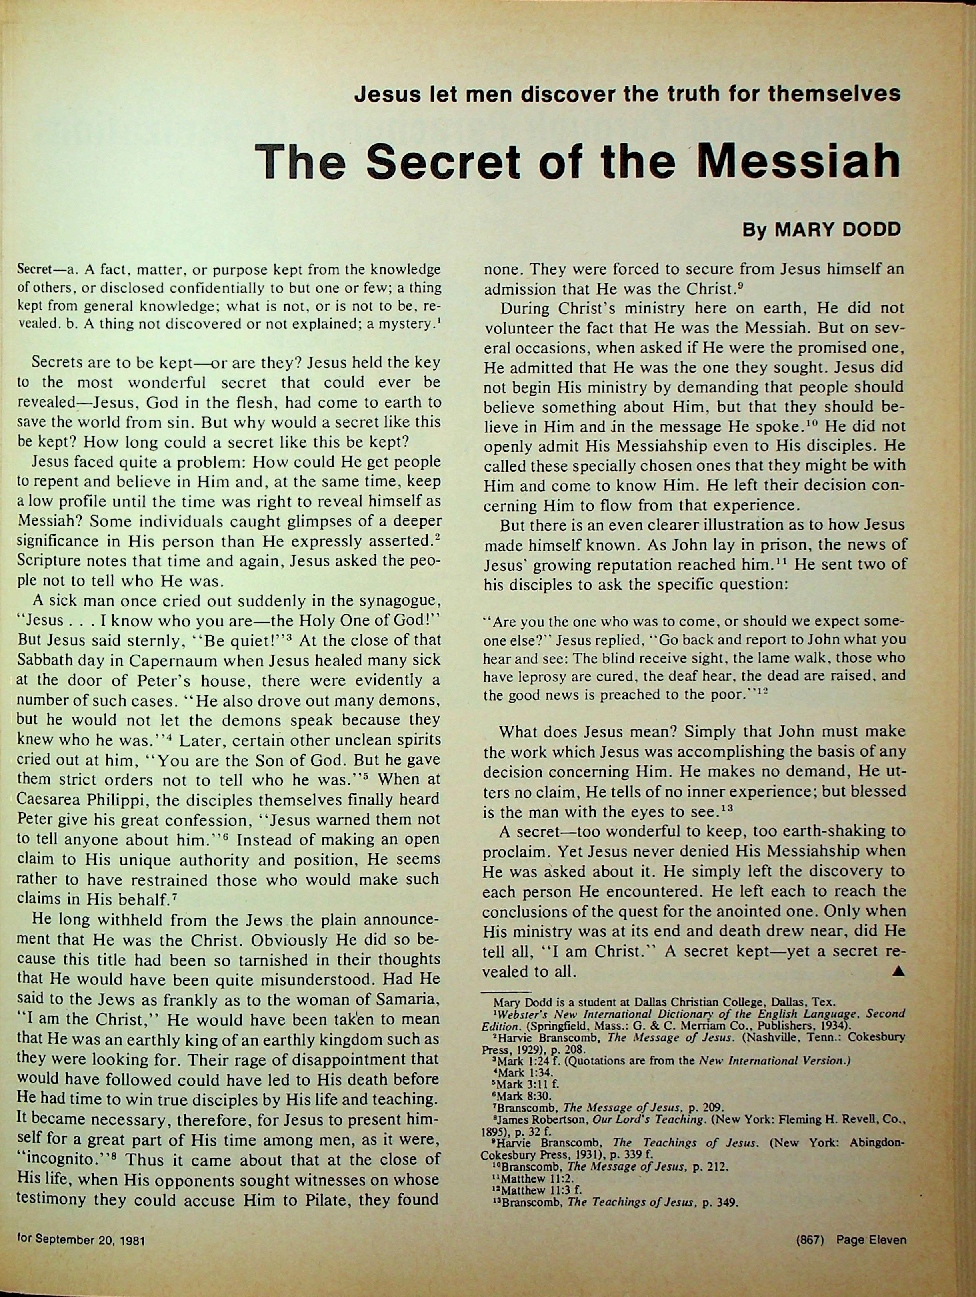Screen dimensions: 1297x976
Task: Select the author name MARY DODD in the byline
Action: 837,229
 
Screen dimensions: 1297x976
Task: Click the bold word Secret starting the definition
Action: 34,270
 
